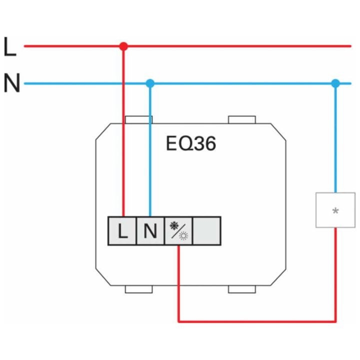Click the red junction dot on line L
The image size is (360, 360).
click(123, 46)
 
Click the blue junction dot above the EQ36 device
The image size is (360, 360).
click(150, 83)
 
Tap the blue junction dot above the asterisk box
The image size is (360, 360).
click(335, 83)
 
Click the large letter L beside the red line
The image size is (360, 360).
click(10, 46)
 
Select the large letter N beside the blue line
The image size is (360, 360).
click(12, 83)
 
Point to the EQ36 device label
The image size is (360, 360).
click(191, 143)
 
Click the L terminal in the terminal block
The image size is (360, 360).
click(122, 230)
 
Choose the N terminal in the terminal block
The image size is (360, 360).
click(150, 230)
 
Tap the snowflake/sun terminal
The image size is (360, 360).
click(178, 230)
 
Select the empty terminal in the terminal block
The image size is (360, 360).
click(207, 230)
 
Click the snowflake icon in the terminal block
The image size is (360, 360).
click(174, 226)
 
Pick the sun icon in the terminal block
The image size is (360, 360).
click(183, 236)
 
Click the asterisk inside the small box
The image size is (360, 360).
click(335, 210)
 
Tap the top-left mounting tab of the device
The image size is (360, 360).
click(138, 119)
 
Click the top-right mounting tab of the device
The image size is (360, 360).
click(242, 119)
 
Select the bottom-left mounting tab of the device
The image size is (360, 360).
click(138, 289)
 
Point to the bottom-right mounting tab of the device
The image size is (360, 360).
click(242, 289)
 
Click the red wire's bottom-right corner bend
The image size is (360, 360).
click(335, 321)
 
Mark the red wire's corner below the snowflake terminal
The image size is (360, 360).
click(178, 321)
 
